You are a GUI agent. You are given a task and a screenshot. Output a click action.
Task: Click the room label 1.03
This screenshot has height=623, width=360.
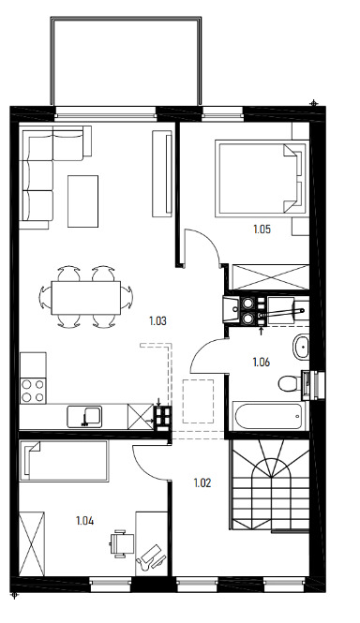157,320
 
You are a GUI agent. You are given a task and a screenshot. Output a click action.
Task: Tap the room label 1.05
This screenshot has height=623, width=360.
262,230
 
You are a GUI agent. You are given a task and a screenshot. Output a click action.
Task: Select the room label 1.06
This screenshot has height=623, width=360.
262,362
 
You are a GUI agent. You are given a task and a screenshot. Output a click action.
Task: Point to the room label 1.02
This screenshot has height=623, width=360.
202,483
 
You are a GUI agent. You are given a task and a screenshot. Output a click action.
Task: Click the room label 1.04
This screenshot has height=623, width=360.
84,521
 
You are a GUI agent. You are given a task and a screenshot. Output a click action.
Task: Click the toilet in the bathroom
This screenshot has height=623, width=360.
290,384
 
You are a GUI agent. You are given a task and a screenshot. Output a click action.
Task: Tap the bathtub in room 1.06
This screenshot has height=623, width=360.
269,416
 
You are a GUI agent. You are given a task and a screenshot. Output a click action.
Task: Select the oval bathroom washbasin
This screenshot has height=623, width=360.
301,348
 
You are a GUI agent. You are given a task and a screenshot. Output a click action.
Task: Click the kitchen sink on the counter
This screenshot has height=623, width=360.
84,416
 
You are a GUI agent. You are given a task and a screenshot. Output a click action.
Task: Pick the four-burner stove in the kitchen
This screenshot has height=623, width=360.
34,390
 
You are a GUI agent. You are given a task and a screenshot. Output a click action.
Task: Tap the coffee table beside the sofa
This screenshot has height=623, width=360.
82,201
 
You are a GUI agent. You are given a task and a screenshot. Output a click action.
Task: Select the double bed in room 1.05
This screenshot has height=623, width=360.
262,178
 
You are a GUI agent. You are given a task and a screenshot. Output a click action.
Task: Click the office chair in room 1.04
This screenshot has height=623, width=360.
122,543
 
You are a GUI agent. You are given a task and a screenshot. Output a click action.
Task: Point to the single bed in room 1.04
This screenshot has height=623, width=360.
64,461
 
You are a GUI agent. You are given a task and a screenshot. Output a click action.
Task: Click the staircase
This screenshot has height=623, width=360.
270,484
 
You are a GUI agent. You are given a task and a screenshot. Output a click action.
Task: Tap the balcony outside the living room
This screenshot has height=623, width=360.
126,61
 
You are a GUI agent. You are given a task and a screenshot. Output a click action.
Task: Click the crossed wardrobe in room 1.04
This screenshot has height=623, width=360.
32,543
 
